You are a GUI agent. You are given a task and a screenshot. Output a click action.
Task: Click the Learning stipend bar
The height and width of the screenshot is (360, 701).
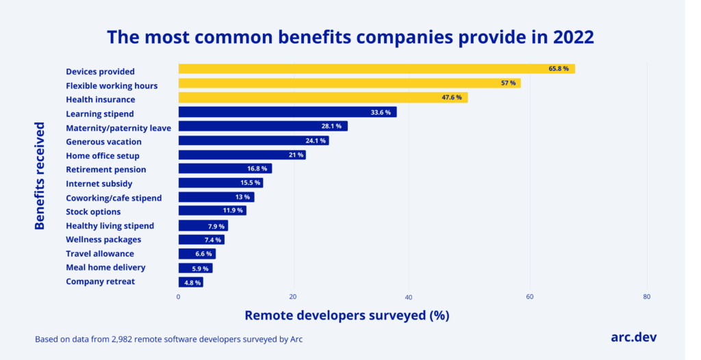pos(287,112)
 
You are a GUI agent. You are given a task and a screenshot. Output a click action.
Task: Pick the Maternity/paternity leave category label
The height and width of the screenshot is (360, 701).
pos(118,127)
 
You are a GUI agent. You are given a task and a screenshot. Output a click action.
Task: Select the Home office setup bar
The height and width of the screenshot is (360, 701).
pos(242,155)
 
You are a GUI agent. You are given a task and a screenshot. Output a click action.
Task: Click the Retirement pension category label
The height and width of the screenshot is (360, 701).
pos(105,170)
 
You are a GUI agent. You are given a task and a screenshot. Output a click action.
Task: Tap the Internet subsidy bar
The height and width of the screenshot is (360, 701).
pos(220,183)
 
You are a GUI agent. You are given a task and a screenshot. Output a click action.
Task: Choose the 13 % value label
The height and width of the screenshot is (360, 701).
pos(242,197)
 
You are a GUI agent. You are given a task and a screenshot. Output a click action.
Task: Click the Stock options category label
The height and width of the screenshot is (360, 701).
pos(93,211)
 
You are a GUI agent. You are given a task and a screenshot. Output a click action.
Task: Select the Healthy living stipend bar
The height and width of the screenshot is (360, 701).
pos(203,226)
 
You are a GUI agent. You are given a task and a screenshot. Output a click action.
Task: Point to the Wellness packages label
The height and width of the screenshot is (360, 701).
pos(103,240)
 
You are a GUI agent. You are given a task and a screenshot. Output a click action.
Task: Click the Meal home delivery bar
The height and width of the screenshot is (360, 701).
pos(195,268)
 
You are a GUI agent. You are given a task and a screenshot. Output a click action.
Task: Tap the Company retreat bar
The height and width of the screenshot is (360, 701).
pos(190,282)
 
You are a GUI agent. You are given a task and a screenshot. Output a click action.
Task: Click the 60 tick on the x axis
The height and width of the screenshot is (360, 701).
pos(529,297)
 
